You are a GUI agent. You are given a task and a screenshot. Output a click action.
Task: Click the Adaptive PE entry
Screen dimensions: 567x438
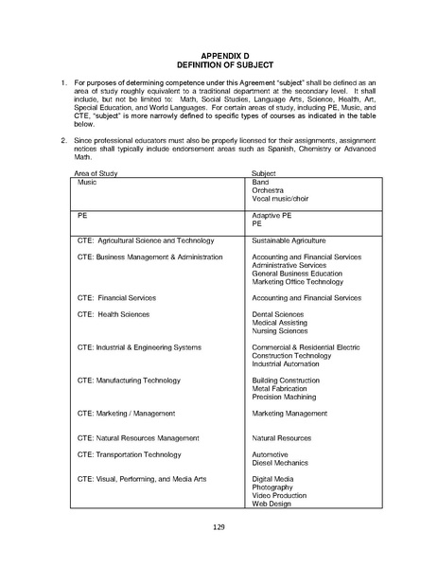point(272,216)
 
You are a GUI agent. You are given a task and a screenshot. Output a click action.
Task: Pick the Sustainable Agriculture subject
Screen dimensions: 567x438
point(289,241)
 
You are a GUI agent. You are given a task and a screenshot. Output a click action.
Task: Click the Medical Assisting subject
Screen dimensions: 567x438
point(281,323)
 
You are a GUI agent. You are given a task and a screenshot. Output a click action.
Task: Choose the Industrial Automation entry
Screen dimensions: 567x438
point(288,363)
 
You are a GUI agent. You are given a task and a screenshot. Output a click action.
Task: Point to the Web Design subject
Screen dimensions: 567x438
point(272,504)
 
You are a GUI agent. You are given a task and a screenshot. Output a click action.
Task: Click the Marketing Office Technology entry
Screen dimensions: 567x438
point(297,281)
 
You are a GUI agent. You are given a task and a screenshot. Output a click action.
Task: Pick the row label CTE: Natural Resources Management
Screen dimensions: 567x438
point(138,438)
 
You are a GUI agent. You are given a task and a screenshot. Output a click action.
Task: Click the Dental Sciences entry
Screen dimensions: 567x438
point(277,314)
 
